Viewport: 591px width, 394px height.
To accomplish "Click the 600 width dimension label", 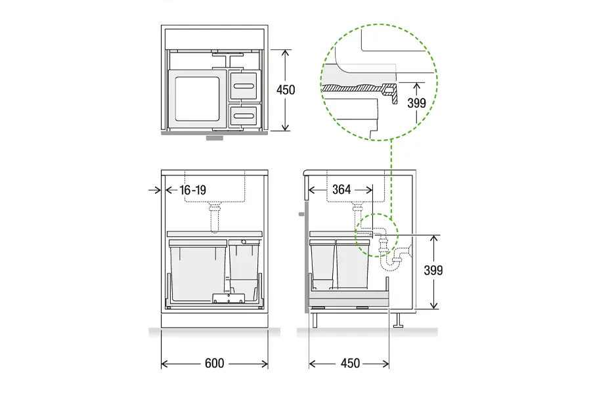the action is pyautogui.click(x=215, y=363).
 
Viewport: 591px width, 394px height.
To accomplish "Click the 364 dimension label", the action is pyautogui.click(x=341, y=189).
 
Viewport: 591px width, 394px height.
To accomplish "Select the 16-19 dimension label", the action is pyautogui.click(x=193, y=190).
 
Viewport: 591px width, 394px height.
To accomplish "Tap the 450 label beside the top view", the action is pyautogui.click(x=286, y=90).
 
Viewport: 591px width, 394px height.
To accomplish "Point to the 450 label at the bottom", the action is pyautogui.click(x=350, y=363).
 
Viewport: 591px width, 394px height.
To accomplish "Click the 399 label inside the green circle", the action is pyautogui.click(x=416, y=103).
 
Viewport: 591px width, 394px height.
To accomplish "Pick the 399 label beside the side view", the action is pyautogui.click(x=433, y=271).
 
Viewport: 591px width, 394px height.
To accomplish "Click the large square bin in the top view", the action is pyautogui.click(x=197, y=98).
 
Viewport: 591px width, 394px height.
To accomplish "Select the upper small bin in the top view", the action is pyautogui.click(x=245, y=86).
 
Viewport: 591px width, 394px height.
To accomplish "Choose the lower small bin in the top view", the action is pyautogui.click(x=245, y=115).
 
